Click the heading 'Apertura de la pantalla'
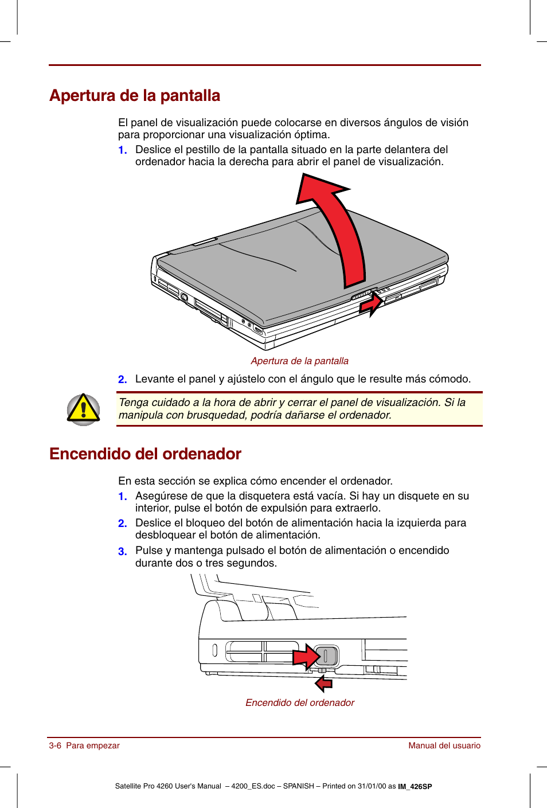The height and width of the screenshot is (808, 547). click(x=135, y=95)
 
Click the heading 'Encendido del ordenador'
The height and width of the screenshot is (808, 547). click(x=145, y=454)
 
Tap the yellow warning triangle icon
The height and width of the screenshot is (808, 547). click(x=83, y=409)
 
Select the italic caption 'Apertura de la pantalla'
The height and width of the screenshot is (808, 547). click(x=299, y=361)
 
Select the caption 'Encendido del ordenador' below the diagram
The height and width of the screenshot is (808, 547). click(x=300, y=702)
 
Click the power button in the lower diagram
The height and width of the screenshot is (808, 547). click(x=326, y=655)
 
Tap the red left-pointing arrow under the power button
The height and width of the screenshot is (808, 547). click(x=324, y=682)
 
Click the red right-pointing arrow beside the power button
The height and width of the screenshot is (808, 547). click(x=306, y=656)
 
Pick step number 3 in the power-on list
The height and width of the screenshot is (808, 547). click(x=122, y=551)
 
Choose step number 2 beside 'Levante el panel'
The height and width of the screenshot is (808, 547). click(x=122, y=379)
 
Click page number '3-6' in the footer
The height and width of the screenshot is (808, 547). click(x=55, y=745)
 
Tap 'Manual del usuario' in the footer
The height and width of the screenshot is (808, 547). click(x=444, y=745)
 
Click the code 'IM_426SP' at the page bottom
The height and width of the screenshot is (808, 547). click(x=415, y=787)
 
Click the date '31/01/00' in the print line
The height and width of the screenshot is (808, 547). click(x=372, y=786)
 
